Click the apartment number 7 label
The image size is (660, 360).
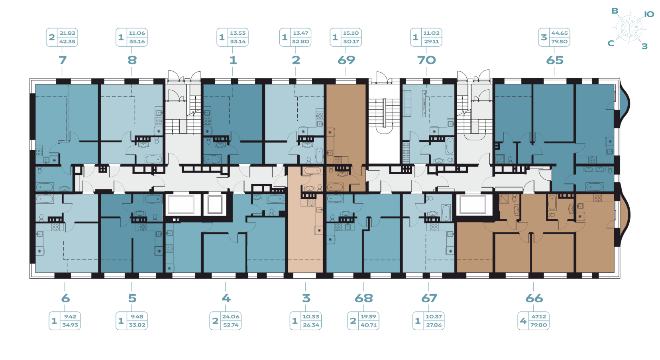tap(63, 60)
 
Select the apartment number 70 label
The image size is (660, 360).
tap(426, 60)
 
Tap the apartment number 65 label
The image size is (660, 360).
tap(554, 60)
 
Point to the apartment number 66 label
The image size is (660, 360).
tap(534, 298)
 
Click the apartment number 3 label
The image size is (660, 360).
tap(306, 298)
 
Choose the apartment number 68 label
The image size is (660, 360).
tap(363, 298)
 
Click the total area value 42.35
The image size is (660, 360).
tap(67, 41)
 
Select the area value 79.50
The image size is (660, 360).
tap(559, 41)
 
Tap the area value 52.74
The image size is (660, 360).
tap(231, 325)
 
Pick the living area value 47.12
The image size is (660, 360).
tap(539, 317)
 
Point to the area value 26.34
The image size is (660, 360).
tap(311, 325)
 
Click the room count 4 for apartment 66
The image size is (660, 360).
tap(523, 321)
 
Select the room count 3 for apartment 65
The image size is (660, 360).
tap(544, 37)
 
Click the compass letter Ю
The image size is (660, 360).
tap(649, 14)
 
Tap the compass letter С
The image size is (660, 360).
tap(611, 43)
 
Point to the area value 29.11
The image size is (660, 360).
tap(431, 41)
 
